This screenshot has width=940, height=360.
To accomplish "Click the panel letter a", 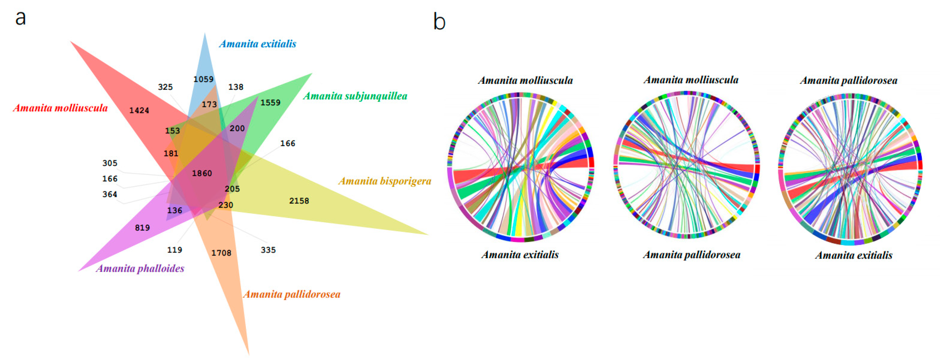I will (x=21, y=18).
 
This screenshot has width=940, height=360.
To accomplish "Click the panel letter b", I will (x=439, y=22).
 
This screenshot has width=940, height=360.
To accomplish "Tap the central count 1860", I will (x=202, y=173).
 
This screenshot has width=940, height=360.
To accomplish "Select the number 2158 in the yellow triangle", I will (x=299, y=201).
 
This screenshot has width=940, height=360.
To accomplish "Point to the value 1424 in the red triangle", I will (x=139, y=110).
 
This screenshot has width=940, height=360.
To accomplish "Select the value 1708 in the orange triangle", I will (x=221, y=253).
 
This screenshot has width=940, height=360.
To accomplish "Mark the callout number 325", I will (x=165, y=87).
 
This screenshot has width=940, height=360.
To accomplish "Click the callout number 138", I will (x=236, y=87).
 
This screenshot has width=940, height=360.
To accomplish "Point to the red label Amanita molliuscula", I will (x=61, y=108).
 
